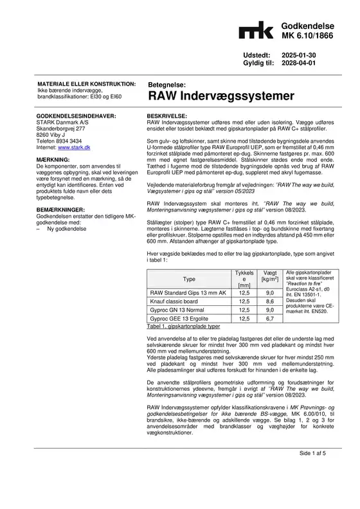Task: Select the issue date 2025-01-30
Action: click(x=300, y=57)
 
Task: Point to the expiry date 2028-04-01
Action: click(x=300, y=65)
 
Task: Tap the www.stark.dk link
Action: click(x=74, y=147)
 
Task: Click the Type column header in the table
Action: click(x=189, y=279)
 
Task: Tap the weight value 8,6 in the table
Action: click(x=270, y=301)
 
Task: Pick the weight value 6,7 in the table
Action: click(x=270, y=318)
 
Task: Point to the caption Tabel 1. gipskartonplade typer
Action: click(x=183, y=326)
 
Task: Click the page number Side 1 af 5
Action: click(x=312, y=489)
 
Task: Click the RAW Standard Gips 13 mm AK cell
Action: click(x=187, y=292)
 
